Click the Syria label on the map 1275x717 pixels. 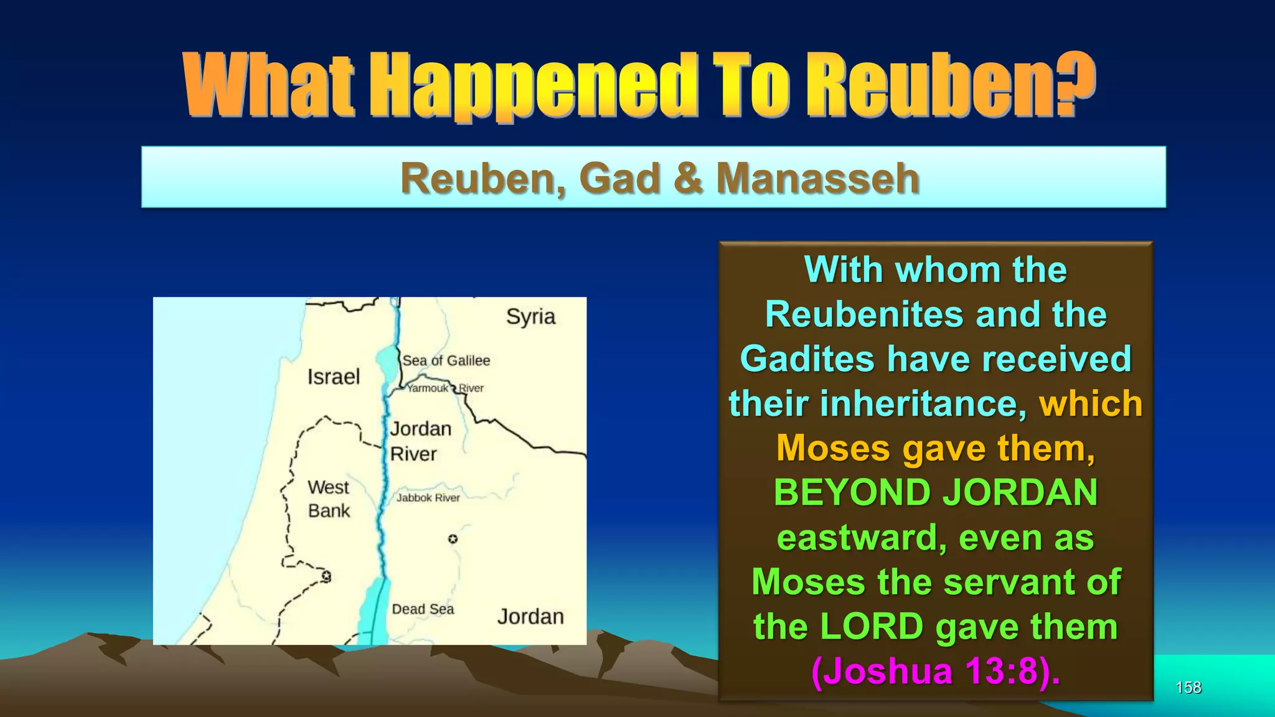tap(530, 317)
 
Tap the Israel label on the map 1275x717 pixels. tap(334, 377)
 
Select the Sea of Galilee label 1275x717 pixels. tap(446, 361)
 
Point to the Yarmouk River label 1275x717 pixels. tap(445, 388)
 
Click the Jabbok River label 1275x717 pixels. tap(428, 498)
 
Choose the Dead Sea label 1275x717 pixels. tap(423, 609)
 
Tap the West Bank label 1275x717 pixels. tap(329, 499)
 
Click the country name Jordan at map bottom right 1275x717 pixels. tap(530, 617)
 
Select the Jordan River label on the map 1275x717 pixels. tap(420, 441)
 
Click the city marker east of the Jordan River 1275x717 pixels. tap(453, 539)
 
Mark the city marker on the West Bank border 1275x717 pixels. tap(326, 576)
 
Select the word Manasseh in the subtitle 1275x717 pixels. tap(817, 179)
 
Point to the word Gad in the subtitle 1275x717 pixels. tap(620, 179)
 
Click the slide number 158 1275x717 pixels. tap(1188, 687)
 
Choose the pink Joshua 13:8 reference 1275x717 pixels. tap(936, 672)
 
